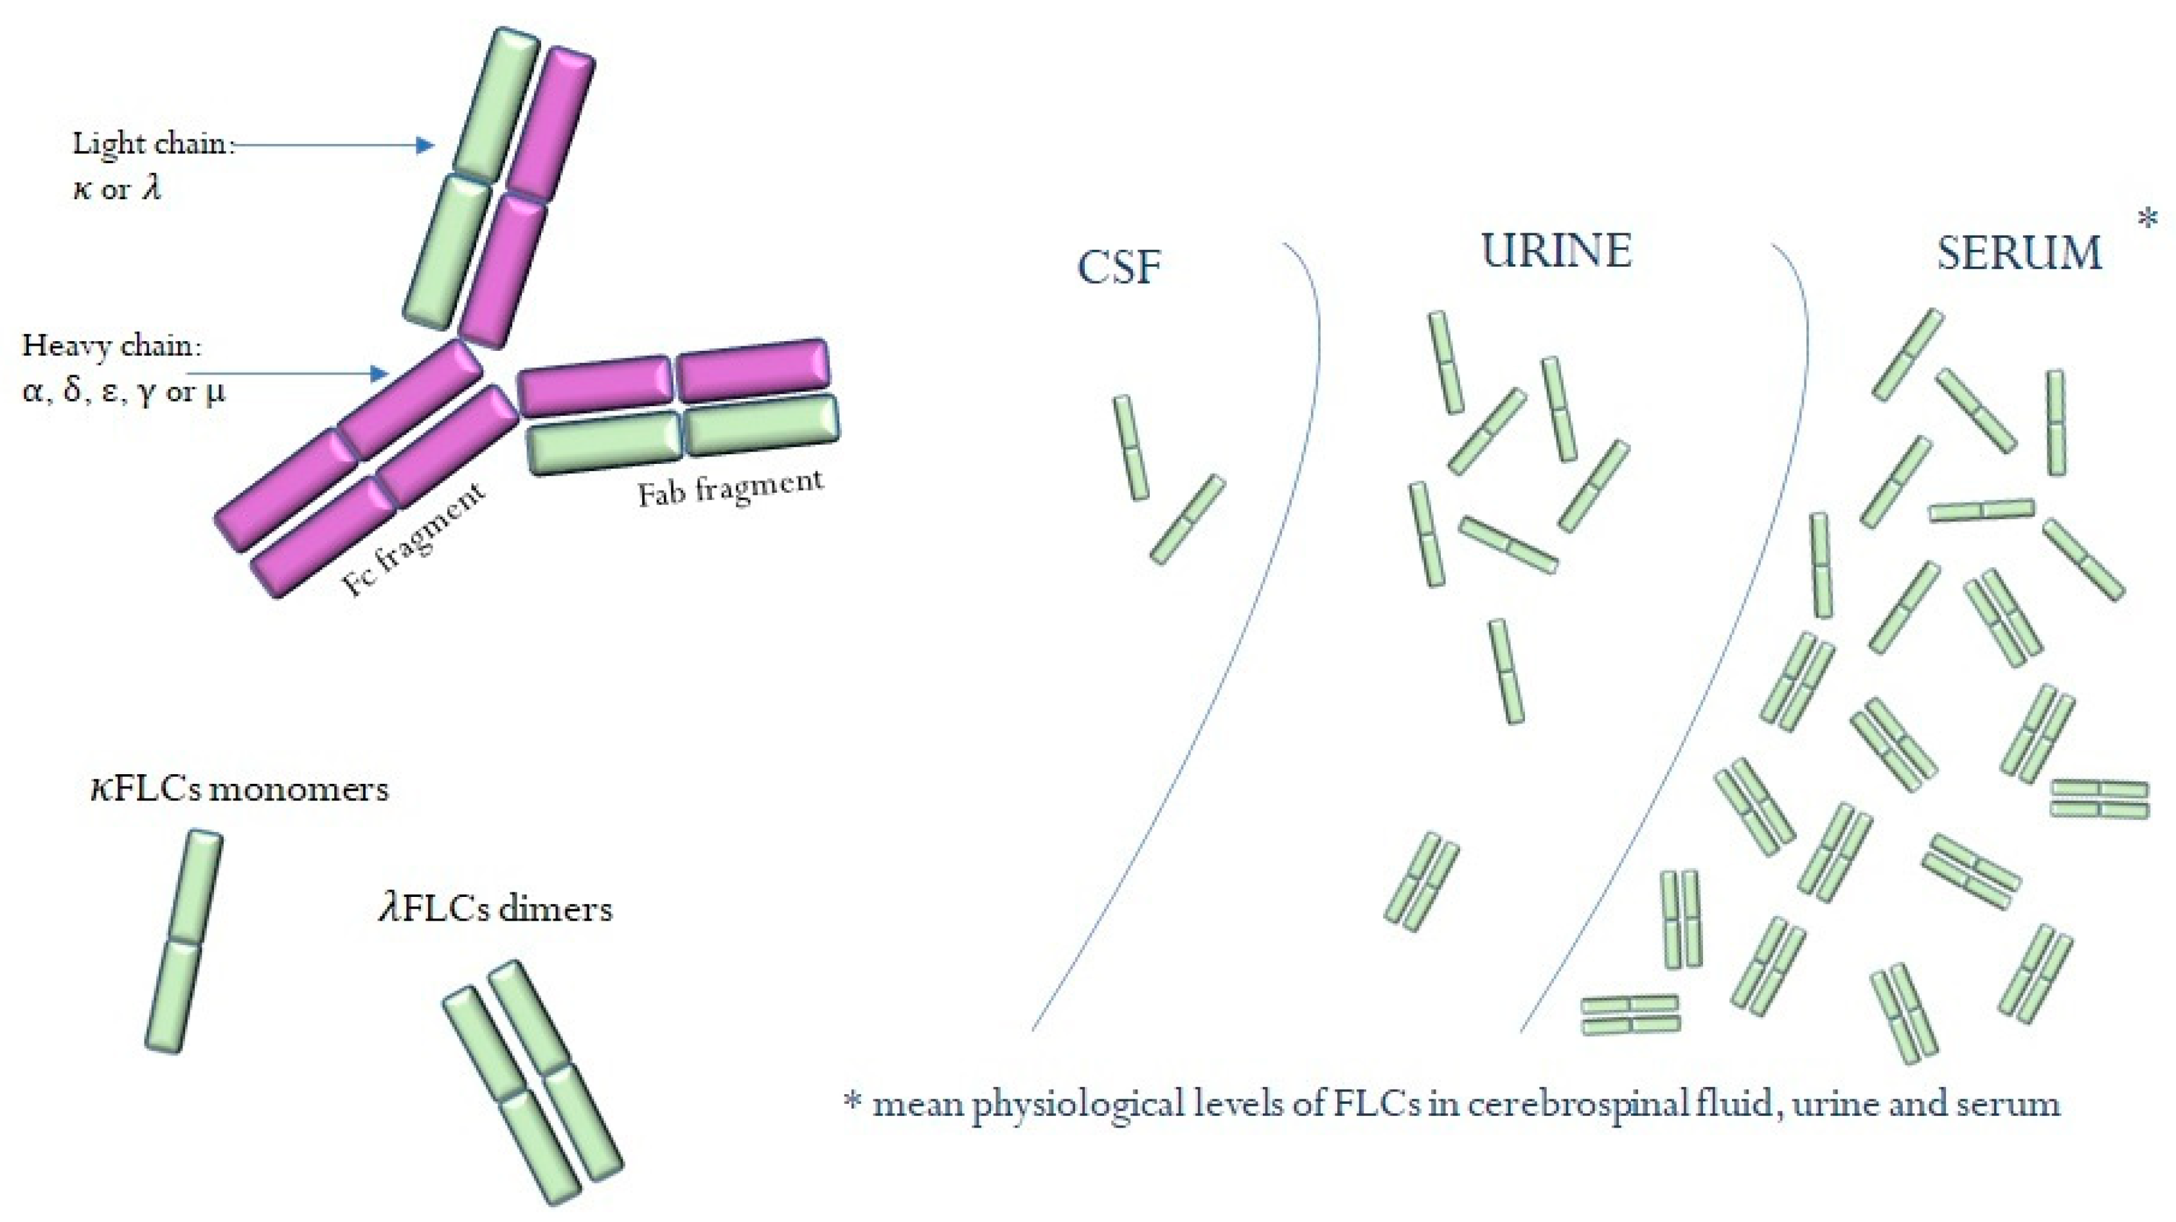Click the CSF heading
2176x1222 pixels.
pos(1119,267)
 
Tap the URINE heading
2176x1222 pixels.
pos(1556,251)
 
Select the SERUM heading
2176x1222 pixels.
pos(2018,253)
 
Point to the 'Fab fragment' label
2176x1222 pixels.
pos(730,489)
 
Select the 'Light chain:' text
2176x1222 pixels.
pos(150,143)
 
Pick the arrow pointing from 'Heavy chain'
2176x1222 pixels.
pos(287,373)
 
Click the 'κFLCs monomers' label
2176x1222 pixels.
pos(239,790)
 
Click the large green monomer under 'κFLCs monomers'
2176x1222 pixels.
pos(185,941)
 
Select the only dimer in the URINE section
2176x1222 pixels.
pos(1422,881)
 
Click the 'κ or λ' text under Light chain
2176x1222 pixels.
pos(116,189)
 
